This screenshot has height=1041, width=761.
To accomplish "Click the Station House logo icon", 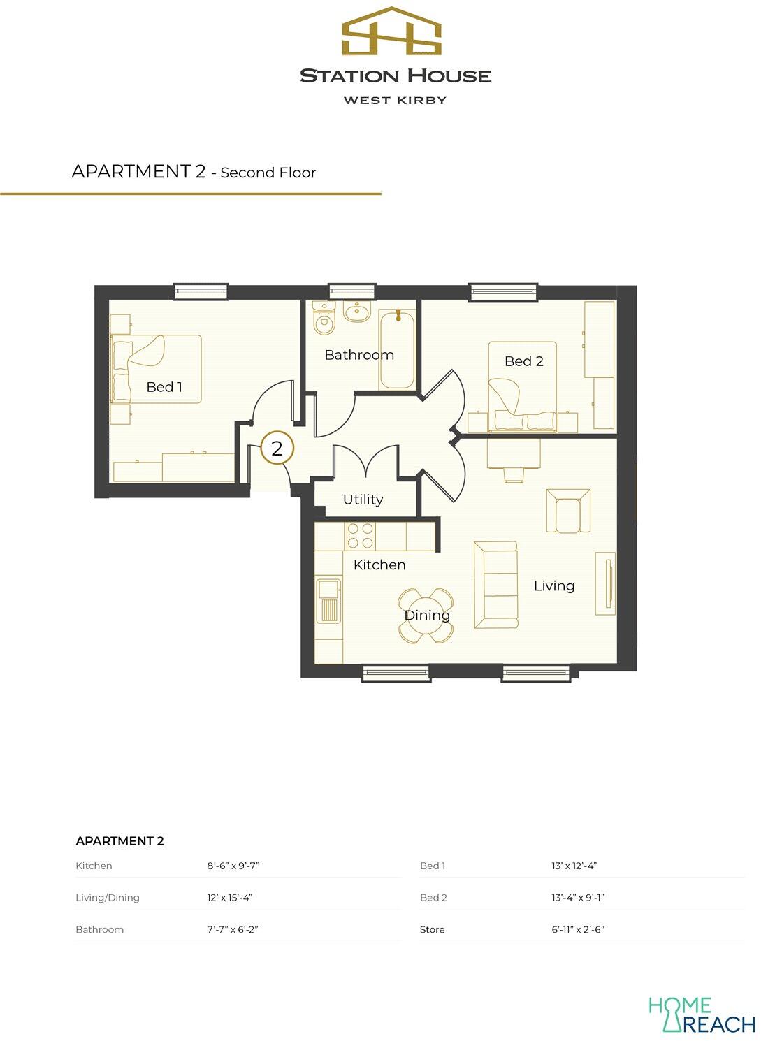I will pos(391,32).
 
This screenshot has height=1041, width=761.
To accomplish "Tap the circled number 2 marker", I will pos(277,449).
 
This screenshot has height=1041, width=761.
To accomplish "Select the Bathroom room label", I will pos(359,355).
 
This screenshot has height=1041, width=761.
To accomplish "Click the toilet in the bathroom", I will pos(324,319).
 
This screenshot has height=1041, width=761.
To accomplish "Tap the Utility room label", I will pos(363,500).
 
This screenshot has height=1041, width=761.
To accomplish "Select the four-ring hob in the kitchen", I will pos(361,536).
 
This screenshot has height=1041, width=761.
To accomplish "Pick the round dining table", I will pos(426,616).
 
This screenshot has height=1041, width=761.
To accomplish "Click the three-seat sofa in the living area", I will pos(495,585).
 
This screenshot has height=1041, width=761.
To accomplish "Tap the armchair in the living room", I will pos(568,511).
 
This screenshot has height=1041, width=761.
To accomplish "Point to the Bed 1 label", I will pos(164,387).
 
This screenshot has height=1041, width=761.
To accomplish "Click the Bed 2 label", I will pos(524,361).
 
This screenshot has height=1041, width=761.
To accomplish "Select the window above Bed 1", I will pos(201,291).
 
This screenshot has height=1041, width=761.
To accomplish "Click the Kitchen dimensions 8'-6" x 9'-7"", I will pos(233,866).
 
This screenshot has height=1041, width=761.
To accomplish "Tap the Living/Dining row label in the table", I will pos(108,898).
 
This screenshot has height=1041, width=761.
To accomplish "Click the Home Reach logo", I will pos(701,1015).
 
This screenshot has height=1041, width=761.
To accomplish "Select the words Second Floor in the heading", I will pos(268,173).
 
